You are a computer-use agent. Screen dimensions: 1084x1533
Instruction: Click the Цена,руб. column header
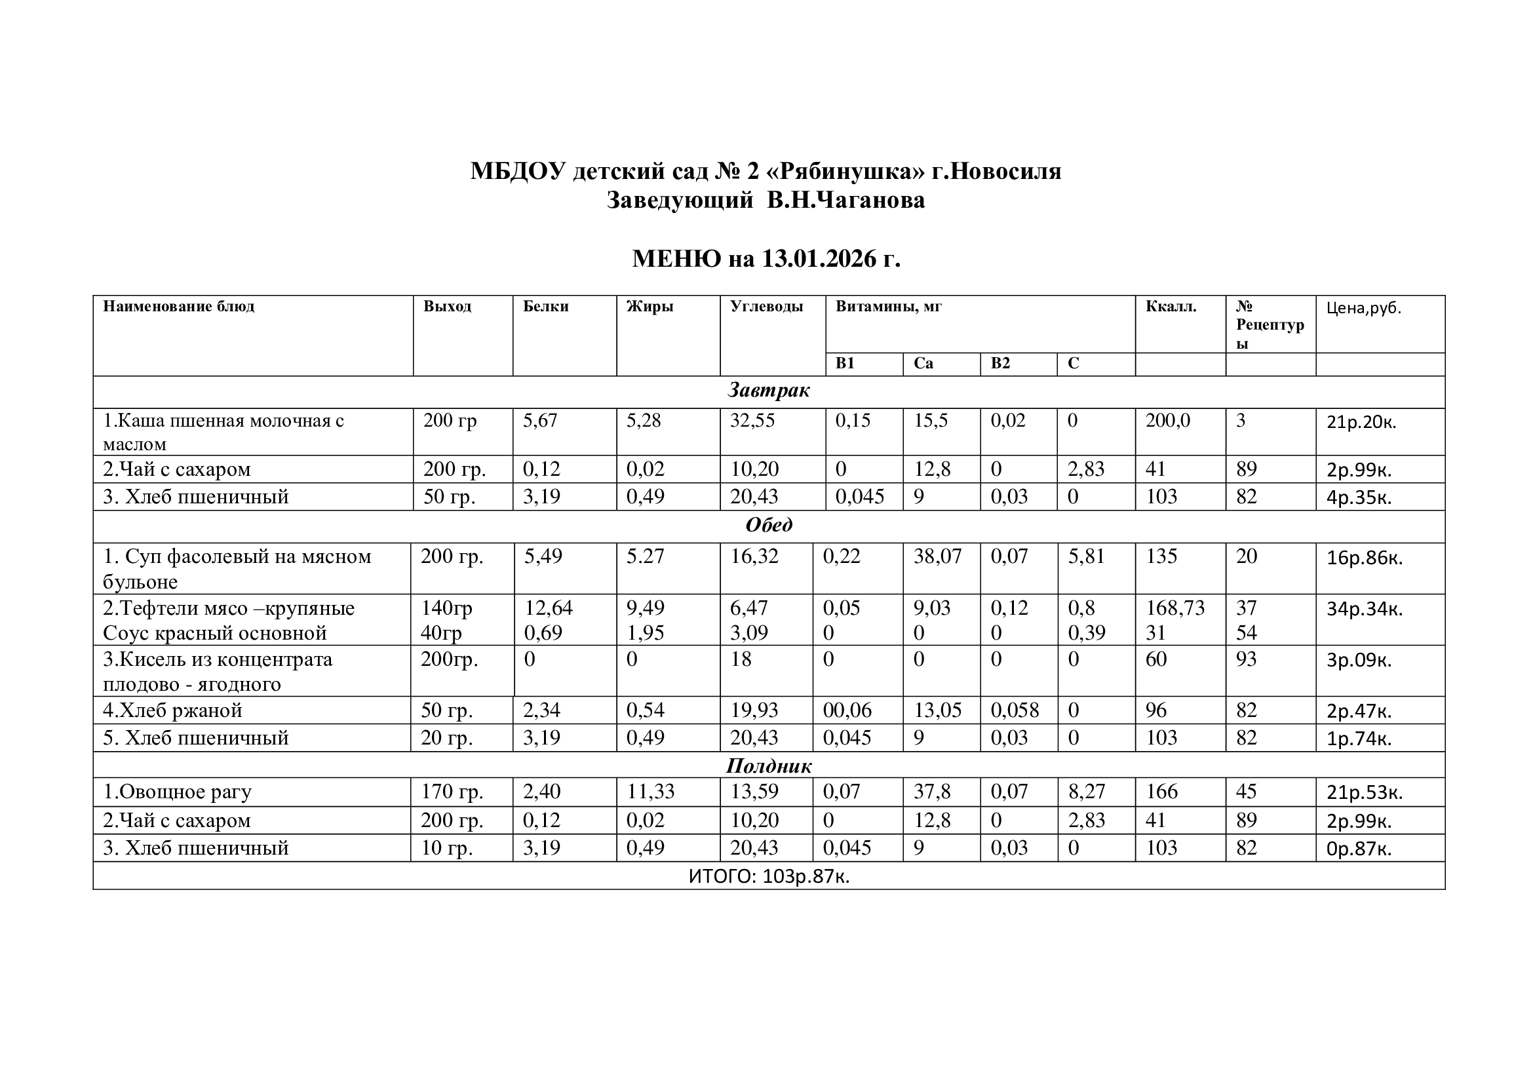coord(1363,308)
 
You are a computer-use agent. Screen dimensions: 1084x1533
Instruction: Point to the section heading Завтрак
coord(769,391)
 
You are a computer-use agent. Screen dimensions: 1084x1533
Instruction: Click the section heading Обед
coord(769,526)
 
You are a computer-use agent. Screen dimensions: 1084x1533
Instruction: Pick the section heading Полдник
coord(769,766)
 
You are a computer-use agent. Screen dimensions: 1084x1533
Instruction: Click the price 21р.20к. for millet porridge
coord(1361,422)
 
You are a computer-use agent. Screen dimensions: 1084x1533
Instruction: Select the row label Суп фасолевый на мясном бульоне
coord(237,569)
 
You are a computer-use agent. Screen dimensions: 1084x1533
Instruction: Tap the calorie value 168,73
coord(1175,608)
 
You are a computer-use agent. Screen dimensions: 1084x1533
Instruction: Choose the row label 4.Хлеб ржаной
coord(172,710)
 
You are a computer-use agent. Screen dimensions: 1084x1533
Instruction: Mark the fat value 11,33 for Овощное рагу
coord(650,792)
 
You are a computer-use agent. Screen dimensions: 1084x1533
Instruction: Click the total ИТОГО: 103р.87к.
coord(769,876)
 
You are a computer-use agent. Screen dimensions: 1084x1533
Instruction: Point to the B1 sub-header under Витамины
coord(845,364)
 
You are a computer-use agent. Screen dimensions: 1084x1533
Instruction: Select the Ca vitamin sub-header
coord(923,364)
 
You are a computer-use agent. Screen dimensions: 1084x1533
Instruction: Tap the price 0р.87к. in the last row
coord(1359,849)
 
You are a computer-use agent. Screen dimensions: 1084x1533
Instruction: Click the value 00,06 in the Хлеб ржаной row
coord(847,710)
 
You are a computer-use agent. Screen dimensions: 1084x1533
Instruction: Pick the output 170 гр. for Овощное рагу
coord(452,792)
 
